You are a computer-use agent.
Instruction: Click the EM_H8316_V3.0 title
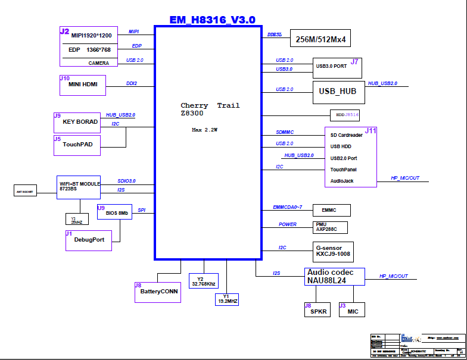point(212,20)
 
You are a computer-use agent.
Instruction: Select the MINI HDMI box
point(83,85)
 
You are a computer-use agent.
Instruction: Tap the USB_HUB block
point(338,92)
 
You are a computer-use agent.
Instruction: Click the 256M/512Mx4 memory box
point(320,40)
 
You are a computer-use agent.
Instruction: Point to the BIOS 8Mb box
point(114,212)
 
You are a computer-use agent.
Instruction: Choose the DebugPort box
point(88,240)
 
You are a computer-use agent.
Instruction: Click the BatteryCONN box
point(157,292)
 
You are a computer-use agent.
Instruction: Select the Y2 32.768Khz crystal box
point(204,281)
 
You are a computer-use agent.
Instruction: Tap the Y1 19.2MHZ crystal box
point(226,299)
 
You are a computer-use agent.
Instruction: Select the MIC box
point(351,309)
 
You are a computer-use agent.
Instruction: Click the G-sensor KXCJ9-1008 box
point(332,251)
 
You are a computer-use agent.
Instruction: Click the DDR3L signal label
point(275,35)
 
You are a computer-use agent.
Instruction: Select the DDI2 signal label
point(132,83)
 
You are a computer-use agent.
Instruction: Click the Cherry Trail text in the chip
point(210,105)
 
